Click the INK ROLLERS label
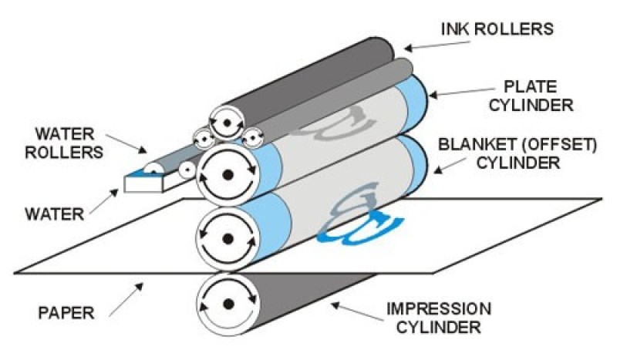point(497,29)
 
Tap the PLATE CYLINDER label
point(531,96)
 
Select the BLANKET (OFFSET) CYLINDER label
point(518,153)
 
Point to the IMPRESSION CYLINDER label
point(439,318)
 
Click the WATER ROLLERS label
point(64,143)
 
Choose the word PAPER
point(66,313)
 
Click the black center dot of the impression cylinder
point(228,304)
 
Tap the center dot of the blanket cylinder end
point(228,239)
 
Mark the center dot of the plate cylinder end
point(228,175)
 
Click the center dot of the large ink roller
point(227,123)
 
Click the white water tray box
point(143,182)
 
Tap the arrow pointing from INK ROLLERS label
point(437,45)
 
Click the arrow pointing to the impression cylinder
point(357,311)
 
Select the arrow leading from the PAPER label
point(126,299)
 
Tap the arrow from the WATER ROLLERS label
point(126,143)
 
